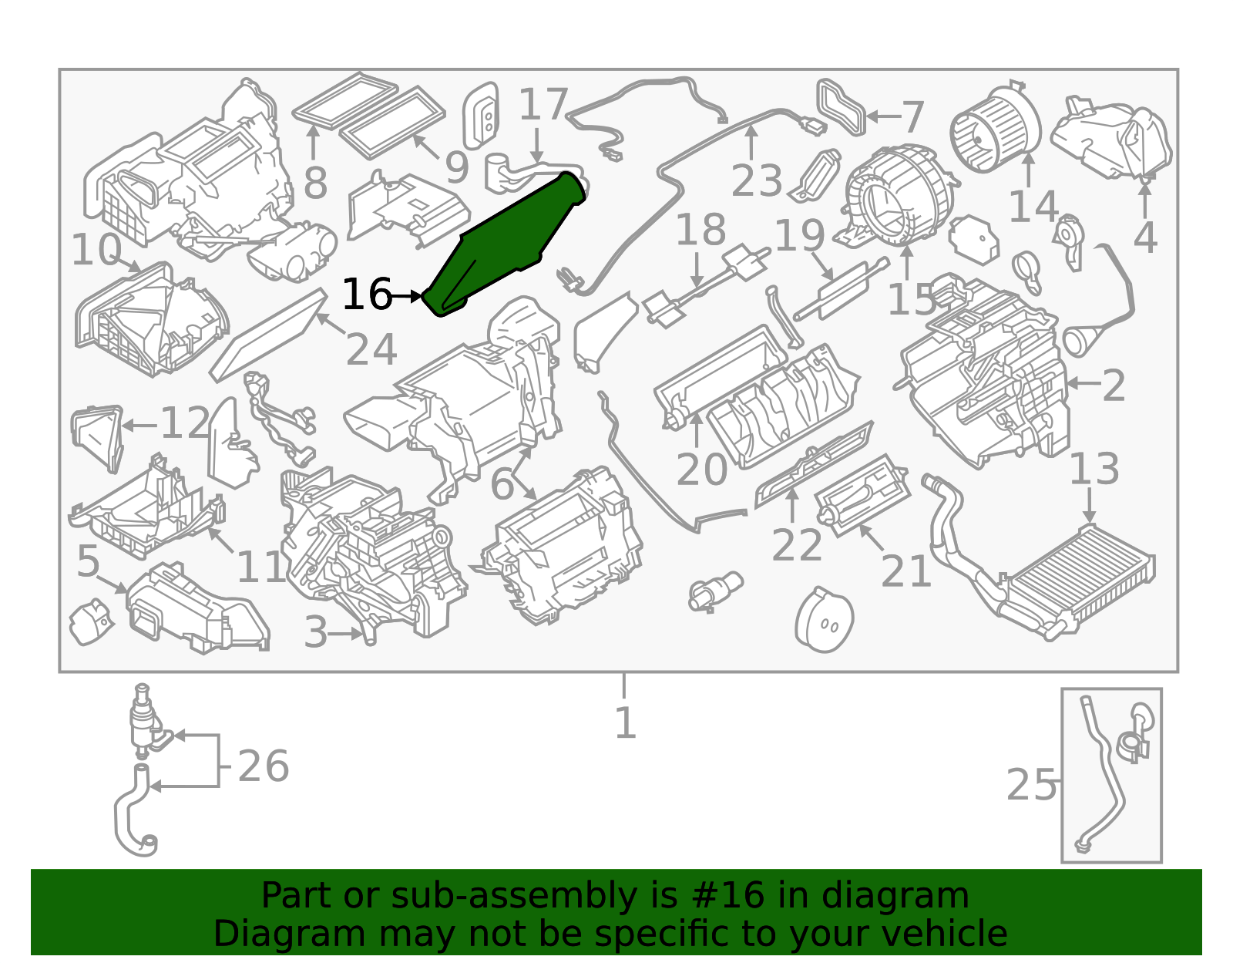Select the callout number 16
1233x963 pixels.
367,294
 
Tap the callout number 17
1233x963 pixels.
543,104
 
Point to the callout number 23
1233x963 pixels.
757,180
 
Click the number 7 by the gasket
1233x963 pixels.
912,117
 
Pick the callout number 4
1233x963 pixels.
1145,237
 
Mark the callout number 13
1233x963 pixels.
1094,469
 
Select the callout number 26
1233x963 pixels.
264,766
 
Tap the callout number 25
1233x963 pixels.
1030,785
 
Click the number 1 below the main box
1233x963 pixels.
625,722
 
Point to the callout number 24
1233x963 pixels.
371,349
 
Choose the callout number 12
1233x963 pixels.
186,423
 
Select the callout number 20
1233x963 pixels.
701,470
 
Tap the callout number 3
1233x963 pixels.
315,632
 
